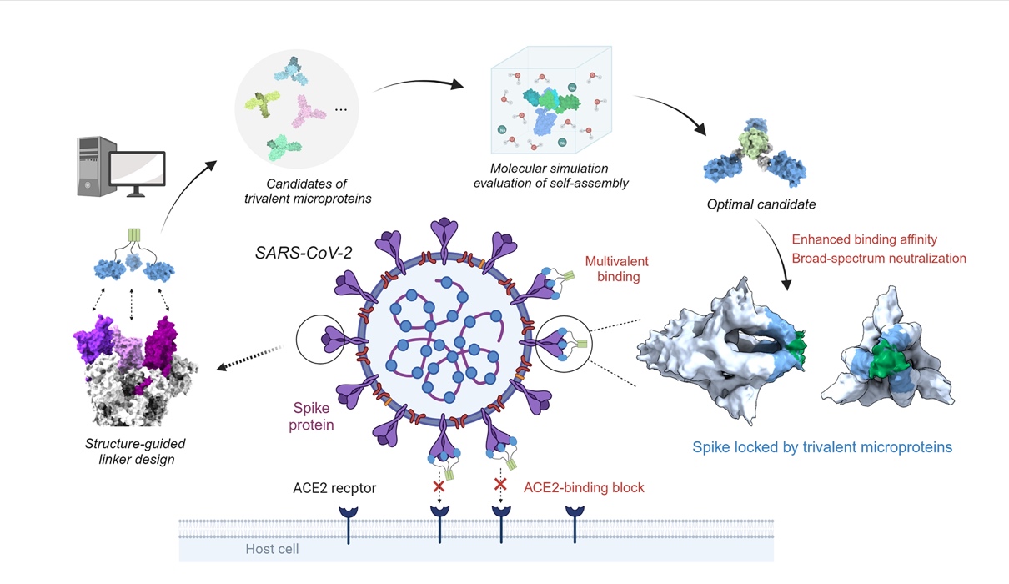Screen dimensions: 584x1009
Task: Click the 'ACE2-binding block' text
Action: point(584,487)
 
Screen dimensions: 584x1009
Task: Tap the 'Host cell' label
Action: point(272,549)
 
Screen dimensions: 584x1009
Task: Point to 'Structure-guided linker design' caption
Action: point(133,451)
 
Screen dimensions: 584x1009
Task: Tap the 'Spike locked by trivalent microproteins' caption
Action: point(822,447)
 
